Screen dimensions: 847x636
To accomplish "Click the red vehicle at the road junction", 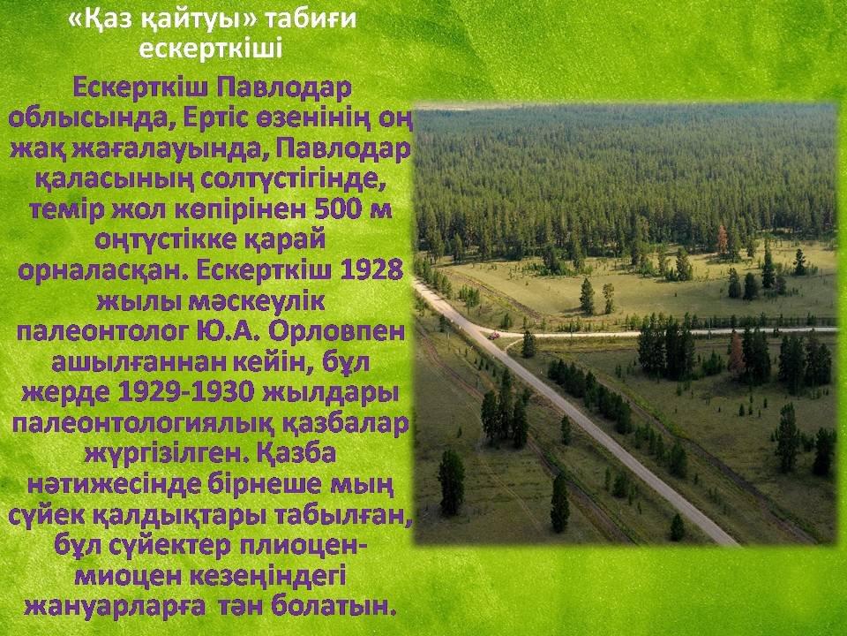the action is coord(494,336).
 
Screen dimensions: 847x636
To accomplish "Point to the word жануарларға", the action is coord(115,607).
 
